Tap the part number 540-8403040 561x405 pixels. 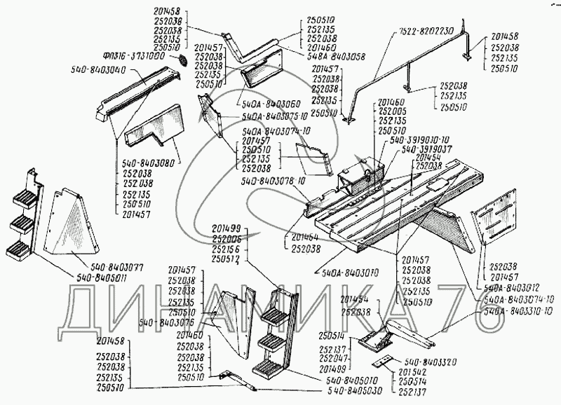pyautogui.click(x=99, y=70)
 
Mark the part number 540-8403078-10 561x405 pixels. pyautogui.click(x=274, y=181)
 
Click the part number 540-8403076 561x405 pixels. pyautogui.click(x=166, y=322)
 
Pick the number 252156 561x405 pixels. pyautogui.click(x=224, y=249)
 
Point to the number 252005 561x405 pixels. pyautogui.click(x=392, y=111)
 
